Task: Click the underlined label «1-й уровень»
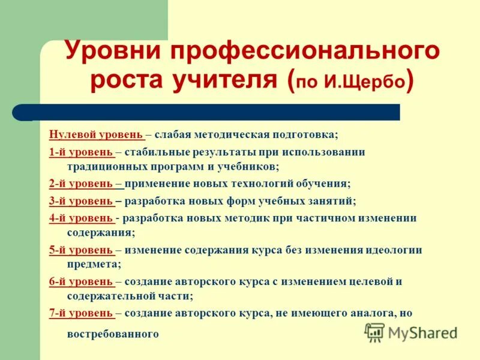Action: tap(81, 152)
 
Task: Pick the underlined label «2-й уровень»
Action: tap(81, 184)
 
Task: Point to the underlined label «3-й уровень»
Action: tap(81, 201)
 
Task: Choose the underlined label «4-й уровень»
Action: tap(81, 218)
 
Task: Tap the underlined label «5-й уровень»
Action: tap(81, 250)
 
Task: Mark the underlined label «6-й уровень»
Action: tap(81, 281)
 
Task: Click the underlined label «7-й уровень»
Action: tap(81, 313)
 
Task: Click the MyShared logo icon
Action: tap(374, 332)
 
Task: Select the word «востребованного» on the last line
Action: tap(113, 334)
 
